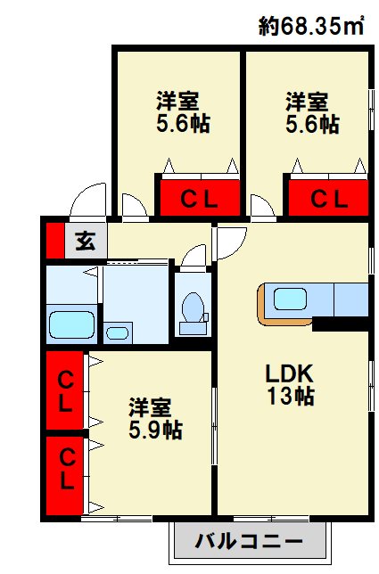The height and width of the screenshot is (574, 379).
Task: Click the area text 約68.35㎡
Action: tap(311, 26)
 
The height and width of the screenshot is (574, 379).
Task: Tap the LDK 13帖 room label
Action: tap(290, 384)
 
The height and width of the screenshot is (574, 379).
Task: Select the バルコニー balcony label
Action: tap(249, 541)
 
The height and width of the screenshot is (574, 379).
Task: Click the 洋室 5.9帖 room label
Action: tap(155, 418)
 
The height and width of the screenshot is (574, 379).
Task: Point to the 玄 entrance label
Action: tap(86, 241)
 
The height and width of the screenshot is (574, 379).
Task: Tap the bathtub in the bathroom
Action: tap(71, 325)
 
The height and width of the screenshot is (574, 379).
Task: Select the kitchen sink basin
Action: tap(291, 299)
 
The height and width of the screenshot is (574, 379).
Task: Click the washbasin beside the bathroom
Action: tap(117, 332)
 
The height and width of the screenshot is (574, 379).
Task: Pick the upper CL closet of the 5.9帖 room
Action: tap(65, 390)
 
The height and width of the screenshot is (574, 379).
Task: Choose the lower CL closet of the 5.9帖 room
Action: tap(65, 475)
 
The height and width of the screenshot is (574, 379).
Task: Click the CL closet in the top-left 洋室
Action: tap(200, 198)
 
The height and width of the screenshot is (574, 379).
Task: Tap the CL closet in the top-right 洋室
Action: tap(328, 198)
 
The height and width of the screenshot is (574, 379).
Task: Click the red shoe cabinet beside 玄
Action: tap(55, 241)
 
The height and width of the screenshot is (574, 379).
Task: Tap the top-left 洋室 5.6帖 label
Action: tap(183, 112)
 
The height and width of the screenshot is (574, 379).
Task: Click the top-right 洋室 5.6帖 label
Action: tap(312, 112)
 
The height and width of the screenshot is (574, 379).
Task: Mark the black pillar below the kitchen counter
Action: tap(340, 324)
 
